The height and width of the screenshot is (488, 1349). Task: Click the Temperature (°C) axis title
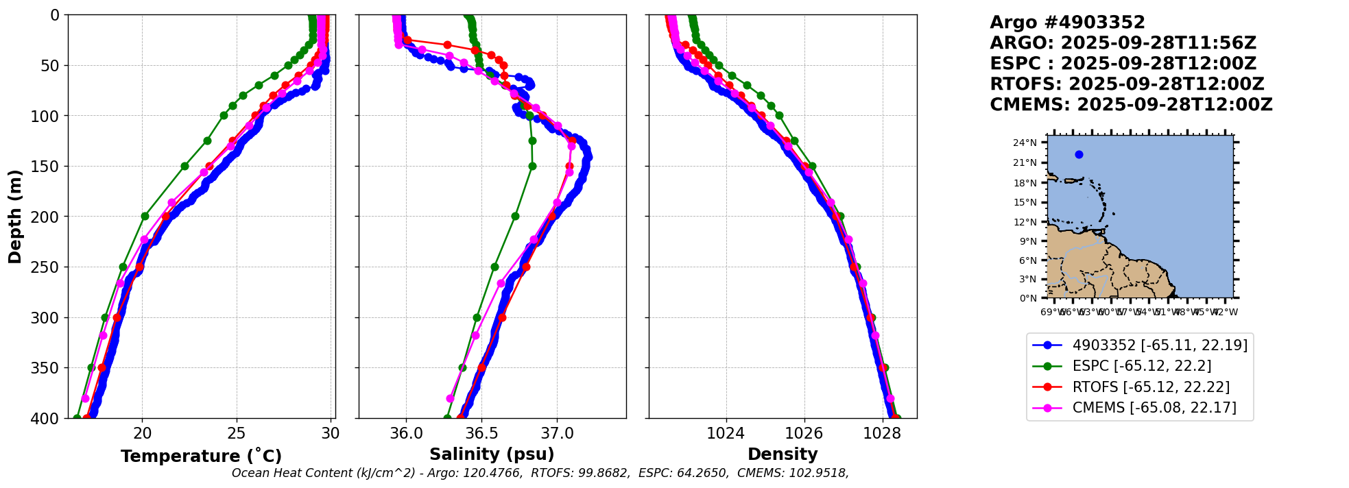201,456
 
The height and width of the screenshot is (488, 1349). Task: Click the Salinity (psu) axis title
492,454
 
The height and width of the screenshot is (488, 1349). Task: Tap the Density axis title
783,454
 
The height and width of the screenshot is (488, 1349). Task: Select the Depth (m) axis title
15,216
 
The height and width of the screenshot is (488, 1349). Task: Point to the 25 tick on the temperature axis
237,433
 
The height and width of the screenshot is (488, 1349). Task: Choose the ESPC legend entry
1141,366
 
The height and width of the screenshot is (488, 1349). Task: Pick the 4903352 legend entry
1159,345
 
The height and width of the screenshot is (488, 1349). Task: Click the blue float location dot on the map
1079,154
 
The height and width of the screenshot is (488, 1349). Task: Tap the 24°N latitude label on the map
1025,143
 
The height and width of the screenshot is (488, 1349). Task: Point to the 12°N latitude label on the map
1025,222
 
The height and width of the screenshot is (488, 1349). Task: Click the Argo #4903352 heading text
1067,23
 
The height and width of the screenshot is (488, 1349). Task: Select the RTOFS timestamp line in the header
1127,84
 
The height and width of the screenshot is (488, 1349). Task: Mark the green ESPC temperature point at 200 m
145,216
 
